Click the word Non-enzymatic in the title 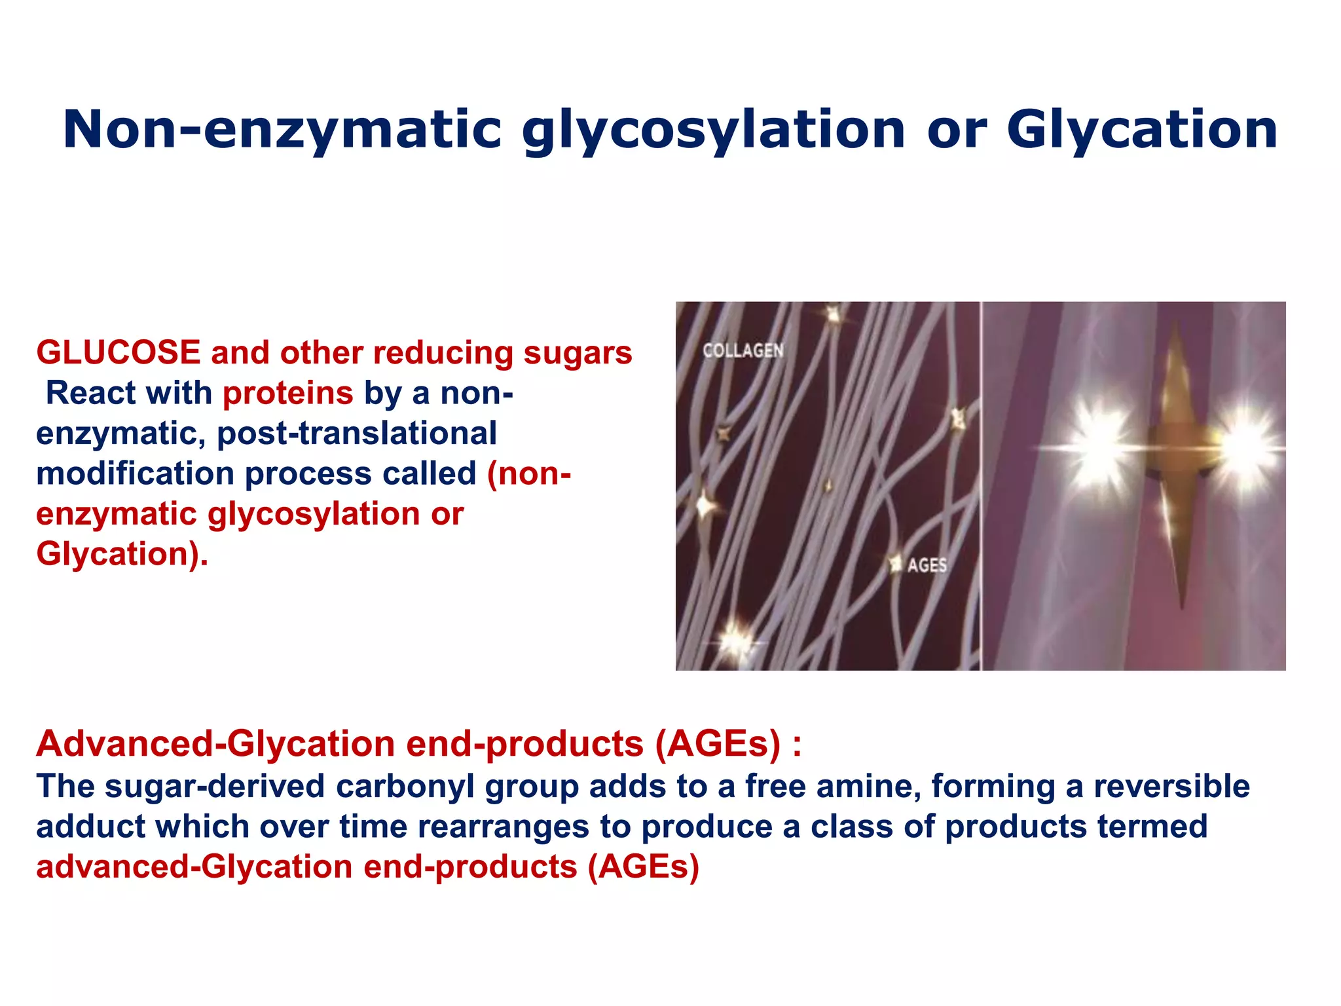tap(282, 129)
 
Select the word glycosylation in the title tap(714, 130)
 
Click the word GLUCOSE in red tap(118, 352)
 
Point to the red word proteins tap(287, 393)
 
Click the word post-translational tap(357, 434)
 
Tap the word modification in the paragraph tap(135, 474)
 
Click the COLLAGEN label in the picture tap(743, 351)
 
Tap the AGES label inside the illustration tap(927, 565)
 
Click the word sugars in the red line tap(578, 352)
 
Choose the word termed tap(1152, 827)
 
